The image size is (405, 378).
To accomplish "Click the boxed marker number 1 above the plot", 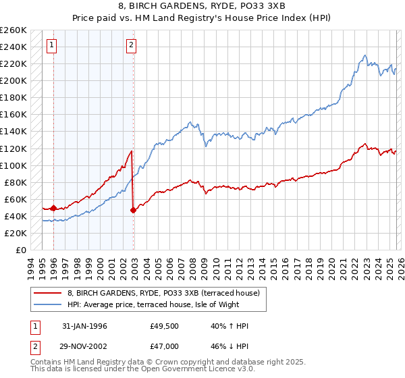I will point(52,46).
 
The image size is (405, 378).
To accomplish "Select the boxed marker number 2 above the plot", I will point(131,46).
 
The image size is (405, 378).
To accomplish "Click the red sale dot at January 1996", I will point(53,209).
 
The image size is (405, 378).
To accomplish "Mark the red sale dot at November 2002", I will point(133,210).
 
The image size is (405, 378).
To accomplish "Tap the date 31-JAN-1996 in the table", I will point(84,326).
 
